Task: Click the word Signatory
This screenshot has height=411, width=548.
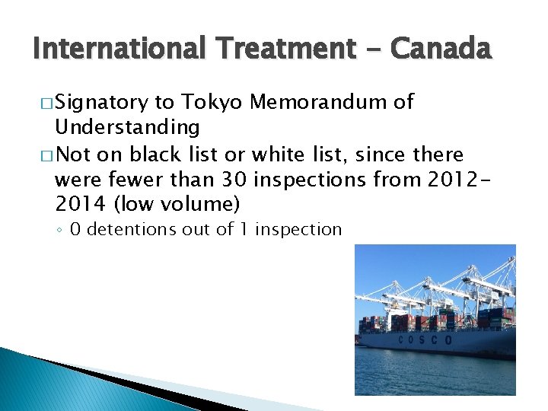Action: [102, 103]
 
